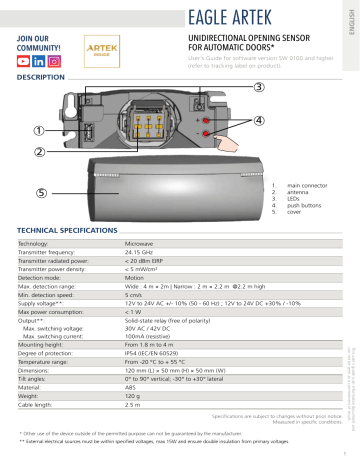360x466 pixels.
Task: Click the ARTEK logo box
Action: [x=103, y=50]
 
